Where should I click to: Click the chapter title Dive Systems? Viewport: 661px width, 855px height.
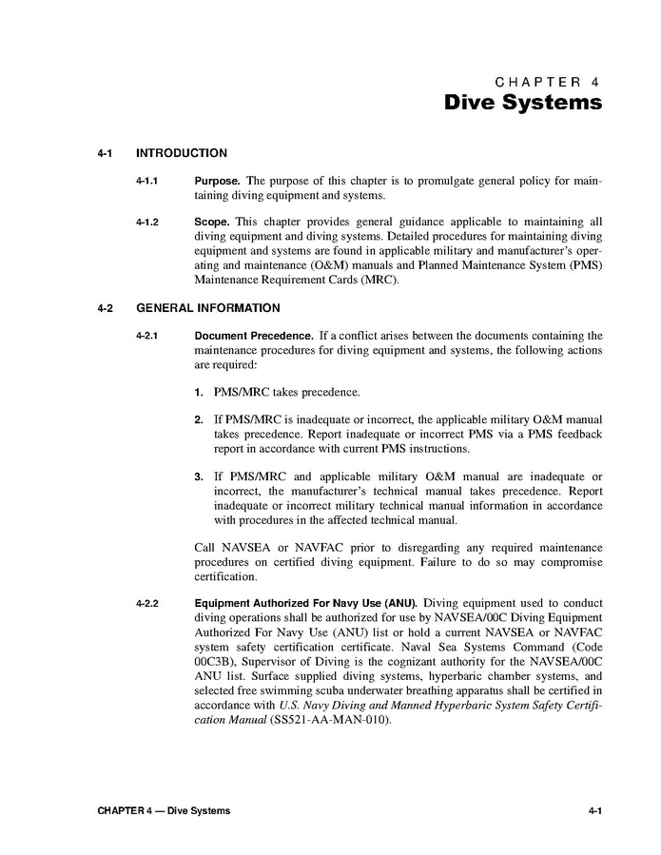523,102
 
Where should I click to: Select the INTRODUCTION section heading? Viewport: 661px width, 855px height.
182,153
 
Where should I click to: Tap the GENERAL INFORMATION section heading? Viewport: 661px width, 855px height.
208,308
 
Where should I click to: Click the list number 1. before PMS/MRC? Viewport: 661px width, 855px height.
199,392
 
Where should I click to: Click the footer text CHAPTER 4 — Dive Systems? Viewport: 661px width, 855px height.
164,810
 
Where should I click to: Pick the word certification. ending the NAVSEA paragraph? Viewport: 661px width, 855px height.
225,576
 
